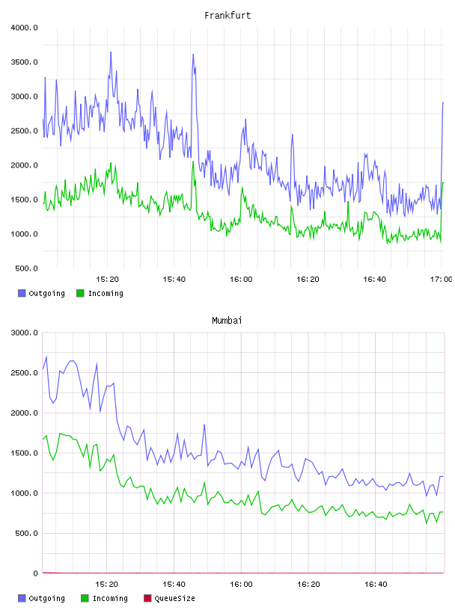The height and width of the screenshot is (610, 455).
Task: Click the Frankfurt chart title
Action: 227,15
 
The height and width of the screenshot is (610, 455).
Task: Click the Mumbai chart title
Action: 227,320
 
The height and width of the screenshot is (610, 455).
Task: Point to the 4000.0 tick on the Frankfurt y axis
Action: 24,28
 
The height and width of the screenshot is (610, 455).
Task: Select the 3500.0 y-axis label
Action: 24,62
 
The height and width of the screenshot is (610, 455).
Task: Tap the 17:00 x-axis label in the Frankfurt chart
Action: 442,279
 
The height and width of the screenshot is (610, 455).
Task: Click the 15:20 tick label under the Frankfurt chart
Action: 107,279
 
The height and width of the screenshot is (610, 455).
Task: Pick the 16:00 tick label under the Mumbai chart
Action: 241,584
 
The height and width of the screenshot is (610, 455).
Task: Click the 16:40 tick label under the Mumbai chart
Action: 376,584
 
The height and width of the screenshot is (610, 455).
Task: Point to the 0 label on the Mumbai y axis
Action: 35,573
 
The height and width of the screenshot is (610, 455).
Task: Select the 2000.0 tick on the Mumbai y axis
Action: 24,413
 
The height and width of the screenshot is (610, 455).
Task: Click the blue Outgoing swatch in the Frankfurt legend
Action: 22,293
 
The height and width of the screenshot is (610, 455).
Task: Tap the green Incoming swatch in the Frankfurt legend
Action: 80,293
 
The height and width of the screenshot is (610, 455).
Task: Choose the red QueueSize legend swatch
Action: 147,598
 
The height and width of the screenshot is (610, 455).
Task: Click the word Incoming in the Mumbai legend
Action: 110,598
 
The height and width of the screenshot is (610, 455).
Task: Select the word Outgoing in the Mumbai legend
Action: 46,598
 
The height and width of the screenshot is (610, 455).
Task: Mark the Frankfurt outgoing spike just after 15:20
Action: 111,52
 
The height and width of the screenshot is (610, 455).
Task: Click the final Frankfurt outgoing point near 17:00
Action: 443,102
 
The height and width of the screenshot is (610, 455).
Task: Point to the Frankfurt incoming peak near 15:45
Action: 193,161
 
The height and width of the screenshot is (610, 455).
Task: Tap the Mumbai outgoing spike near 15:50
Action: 204,425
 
